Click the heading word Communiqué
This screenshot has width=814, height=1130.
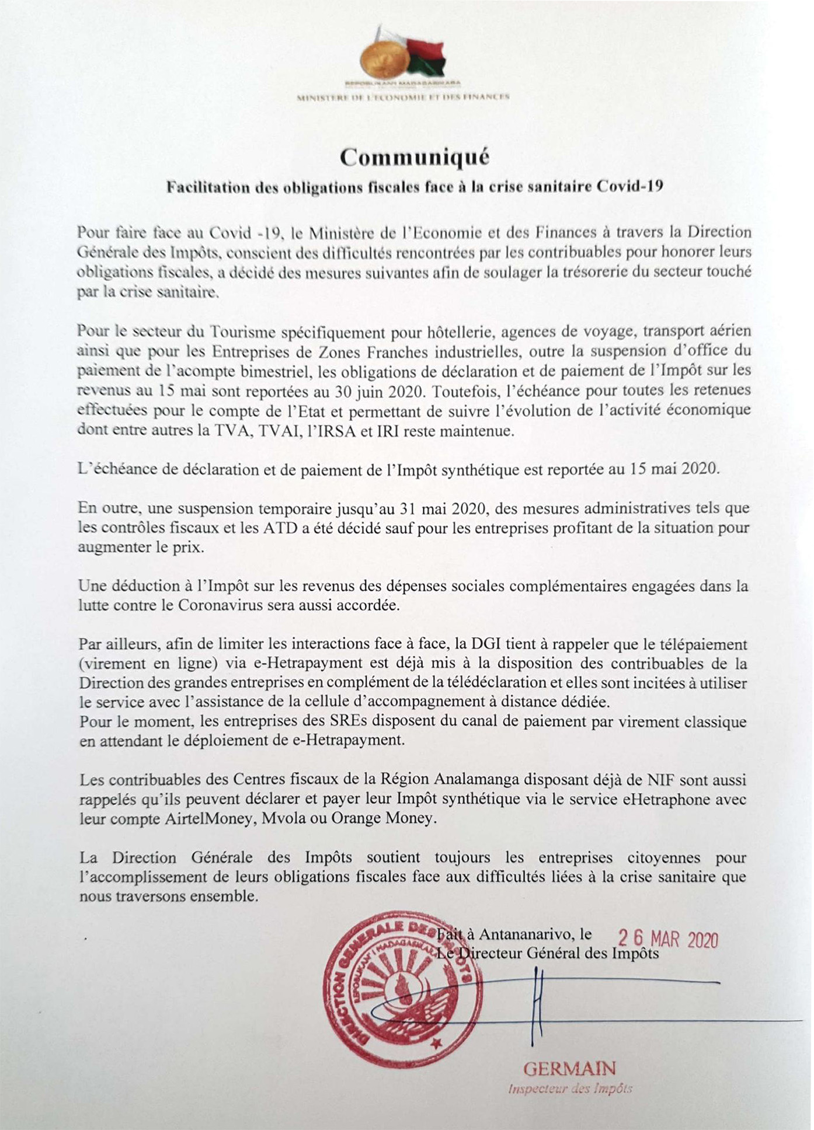tap(415, 157)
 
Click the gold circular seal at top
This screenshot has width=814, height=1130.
tap(384, 60)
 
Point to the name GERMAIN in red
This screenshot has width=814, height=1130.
tap(569, 1069)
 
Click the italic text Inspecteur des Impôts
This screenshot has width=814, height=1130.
tap(570, 1089)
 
